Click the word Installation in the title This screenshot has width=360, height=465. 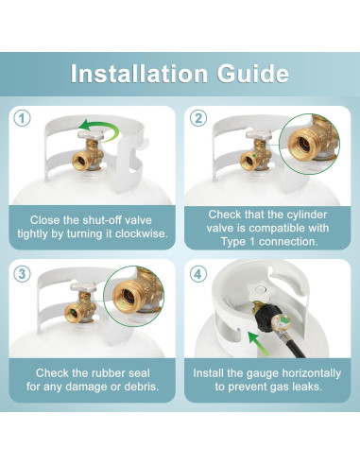click(x=139, y=74)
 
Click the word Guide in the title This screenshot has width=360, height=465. click(x=253, y=74)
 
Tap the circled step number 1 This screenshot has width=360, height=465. click(x=22, y=118)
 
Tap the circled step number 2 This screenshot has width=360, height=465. click(x=198, y=118)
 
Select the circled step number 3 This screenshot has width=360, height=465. click(x=22, y=273)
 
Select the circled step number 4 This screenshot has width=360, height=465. click(x=198, y=273)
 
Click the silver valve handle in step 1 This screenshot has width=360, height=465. click(x=91, y=135)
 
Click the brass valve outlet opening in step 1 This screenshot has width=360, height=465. click(x=80, y=162)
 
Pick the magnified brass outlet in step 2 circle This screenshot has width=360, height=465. click(x=304, y=145)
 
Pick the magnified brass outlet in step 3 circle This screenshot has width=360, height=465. click(x=129, y=296)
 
